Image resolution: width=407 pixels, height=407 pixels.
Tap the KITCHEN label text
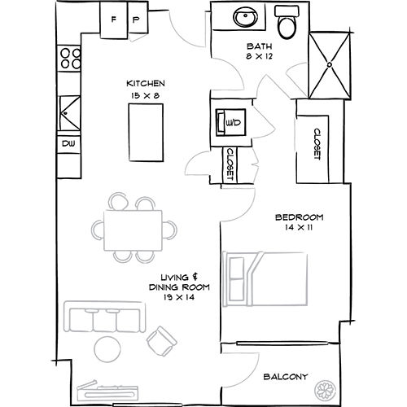[x=147, y=84]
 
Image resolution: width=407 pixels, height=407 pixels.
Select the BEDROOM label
[x=299, y=217]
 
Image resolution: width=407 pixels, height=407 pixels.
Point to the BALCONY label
[x=285, y=376]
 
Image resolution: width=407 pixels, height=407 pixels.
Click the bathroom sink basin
[x=243, y=19]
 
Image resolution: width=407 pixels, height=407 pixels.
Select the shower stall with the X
[x=331, y=62]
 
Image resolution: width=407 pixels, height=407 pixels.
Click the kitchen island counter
[x=145, y=132]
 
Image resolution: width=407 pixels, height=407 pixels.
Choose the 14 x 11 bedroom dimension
[x=299, y=229]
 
